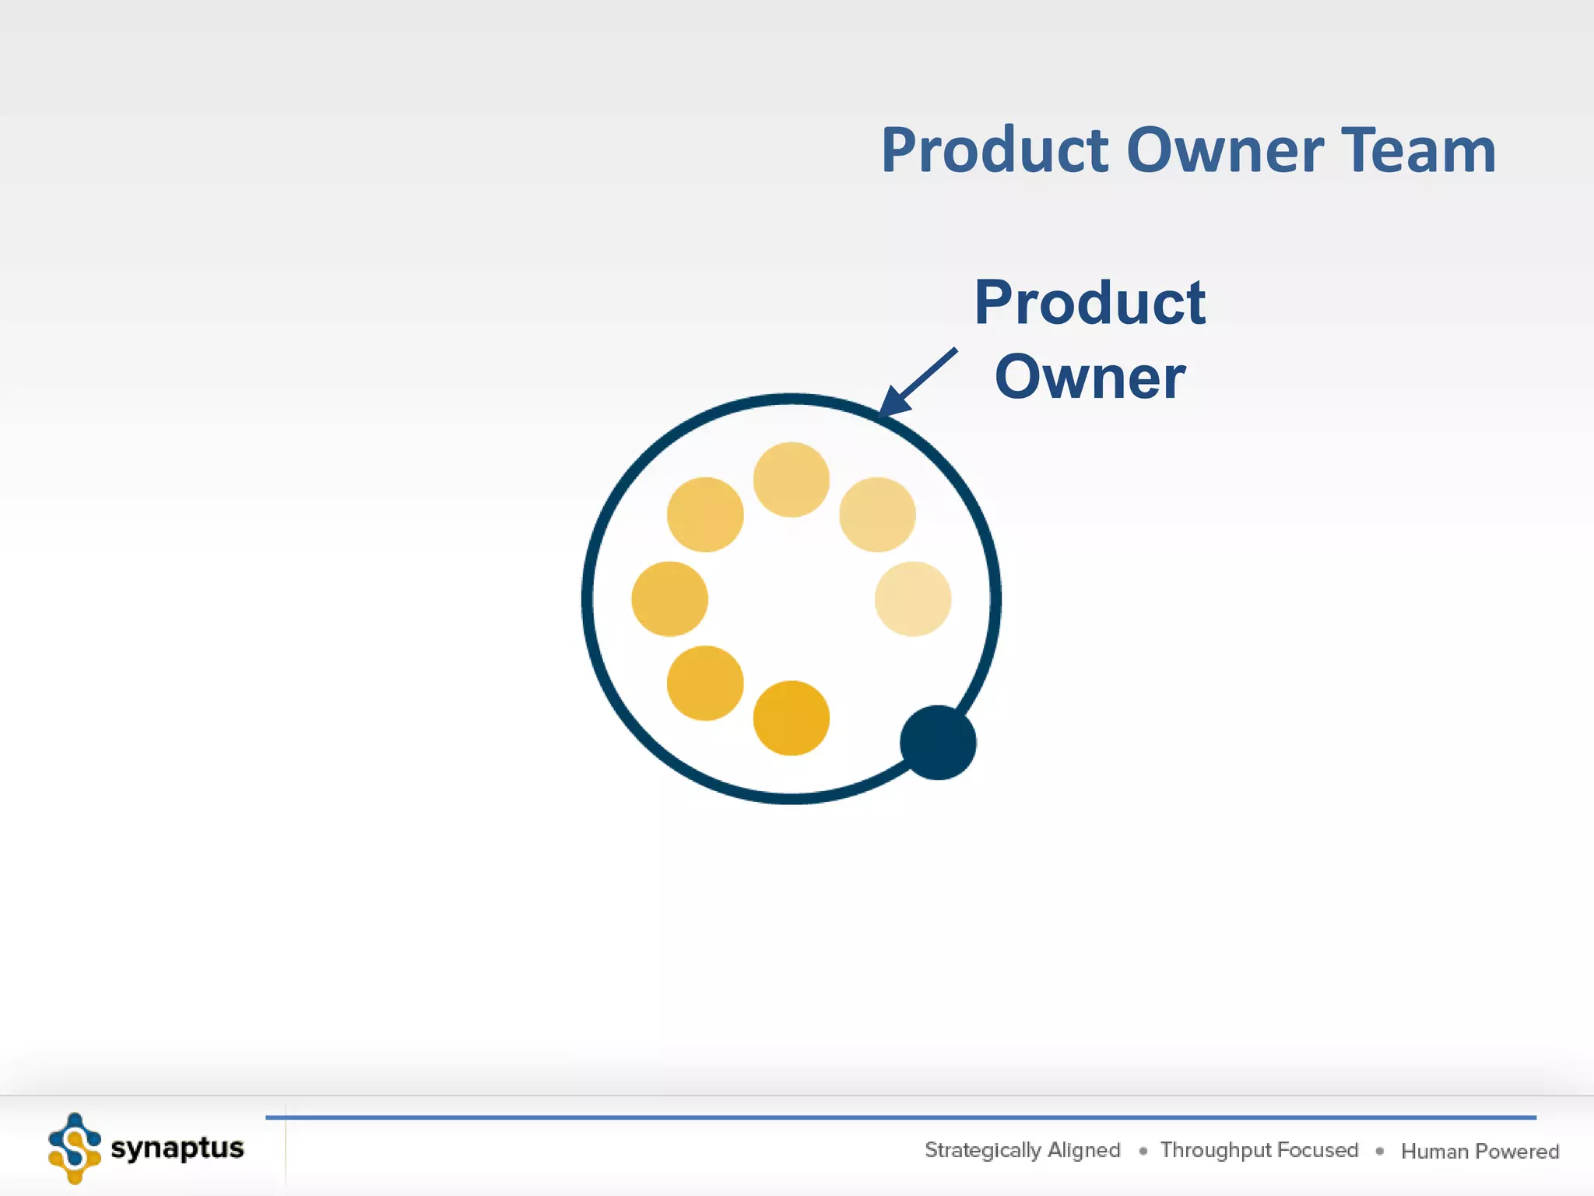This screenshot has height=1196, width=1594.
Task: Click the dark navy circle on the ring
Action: (938, 742)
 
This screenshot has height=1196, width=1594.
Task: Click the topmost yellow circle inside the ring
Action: (791, 480)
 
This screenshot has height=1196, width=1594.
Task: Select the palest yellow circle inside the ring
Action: (912, 599)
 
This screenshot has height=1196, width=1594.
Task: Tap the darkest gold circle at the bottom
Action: (791, 718)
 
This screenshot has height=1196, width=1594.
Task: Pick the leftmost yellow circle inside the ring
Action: (669, 599)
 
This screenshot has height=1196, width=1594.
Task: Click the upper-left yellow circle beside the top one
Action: (705, 515)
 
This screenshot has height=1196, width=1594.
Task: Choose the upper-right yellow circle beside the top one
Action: (877, 515)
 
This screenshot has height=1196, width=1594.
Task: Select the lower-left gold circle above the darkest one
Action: (705, 683)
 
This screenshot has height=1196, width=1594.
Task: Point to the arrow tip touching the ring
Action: (884, 410)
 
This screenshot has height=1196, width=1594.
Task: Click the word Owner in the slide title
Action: (1224, 150)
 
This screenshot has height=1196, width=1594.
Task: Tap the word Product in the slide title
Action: (995, 150)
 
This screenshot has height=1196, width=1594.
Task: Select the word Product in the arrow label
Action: (1090, 303)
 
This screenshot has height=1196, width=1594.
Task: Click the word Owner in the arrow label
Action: (1090, 378)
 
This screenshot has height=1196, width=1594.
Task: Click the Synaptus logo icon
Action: (75, 1148)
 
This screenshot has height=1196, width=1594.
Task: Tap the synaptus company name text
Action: (177, 1148)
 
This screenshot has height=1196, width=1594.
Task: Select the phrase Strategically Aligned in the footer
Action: (1022, 1150)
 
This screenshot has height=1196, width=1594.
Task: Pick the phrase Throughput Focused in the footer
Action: (1259, 1150)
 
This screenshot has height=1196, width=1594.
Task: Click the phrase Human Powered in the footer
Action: (1480, 1151)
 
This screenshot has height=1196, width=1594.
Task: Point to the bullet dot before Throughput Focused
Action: (1143, 1151)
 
